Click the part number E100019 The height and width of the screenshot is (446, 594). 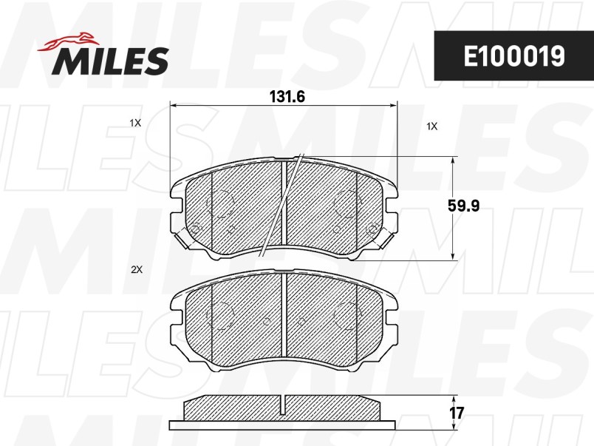514,55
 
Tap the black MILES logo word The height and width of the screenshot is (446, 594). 110,61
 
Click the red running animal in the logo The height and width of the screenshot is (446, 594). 68,41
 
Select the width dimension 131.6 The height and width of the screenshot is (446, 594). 287,97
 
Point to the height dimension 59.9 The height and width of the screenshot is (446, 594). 463,206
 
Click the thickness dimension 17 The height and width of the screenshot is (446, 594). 456,413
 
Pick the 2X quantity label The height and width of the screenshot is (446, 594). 136,270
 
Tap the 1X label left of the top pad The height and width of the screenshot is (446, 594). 135,123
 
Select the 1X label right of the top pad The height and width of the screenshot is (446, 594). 432,126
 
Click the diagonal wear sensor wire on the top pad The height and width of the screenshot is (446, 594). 281,205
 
